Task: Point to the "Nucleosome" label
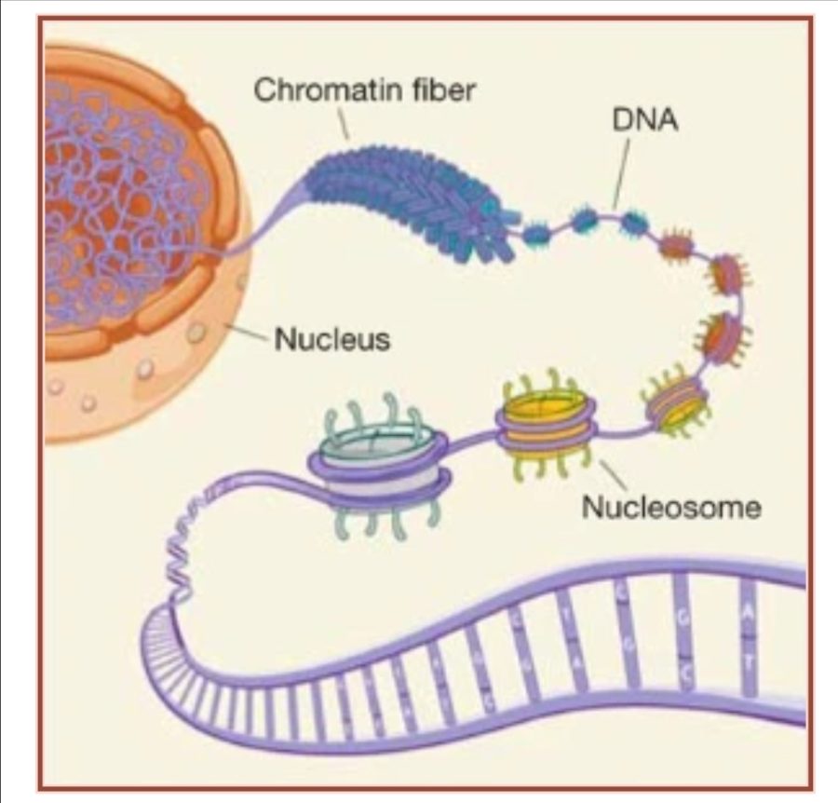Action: coord(670,507)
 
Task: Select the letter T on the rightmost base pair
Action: coord(750,651)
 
